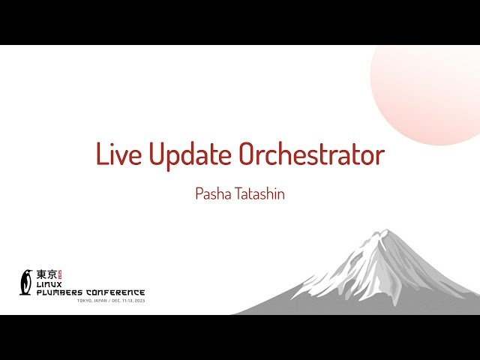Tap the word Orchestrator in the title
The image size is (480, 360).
click(311, 154)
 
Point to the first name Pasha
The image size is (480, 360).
click(212, 193)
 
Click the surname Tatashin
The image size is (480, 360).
click(258, 193)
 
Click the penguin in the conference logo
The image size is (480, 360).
click(27, 282)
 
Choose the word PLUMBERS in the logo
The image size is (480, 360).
click(59, 292)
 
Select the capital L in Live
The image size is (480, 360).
click(102, 154)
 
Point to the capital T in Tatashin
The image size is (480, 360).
click(238, 193)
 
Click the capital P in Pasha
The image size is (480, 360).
click(199, 193)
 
